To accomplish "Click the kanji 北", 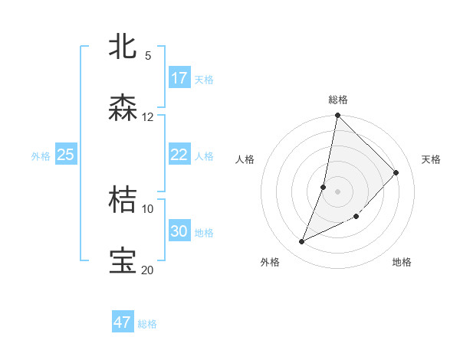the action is point(123,47).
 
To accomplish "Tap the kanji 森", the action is point(123,108).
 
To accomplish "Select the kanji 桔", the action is point(123,200).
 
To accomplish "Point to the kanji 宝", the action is point(123,261).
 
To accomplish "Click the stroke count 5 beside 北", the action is point(147,55).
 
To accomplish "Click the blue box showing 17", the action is point(179,78).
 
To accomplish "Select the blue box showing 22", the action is point(179,155).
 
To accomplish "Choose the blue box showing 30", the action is point(179,231).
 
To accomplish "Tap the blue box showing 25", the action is point(65,155).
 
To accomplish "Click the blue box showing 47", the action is point(122,322).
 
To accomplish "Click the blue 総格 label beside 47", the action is point(147,324).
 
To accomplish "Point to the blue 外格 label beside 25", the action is point(41,156).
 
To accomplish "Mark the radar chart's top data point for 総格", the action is point(337,116).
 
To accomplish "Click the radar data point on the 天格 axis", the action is point(396,172).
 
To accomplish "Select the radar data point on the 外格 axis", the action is point(301,242).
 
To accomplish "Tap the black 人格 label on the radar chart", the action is point(245,159).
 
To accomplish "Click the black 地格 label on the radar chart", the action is point(402,263).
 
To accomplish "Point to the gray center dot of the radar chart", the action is point(337,191).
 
